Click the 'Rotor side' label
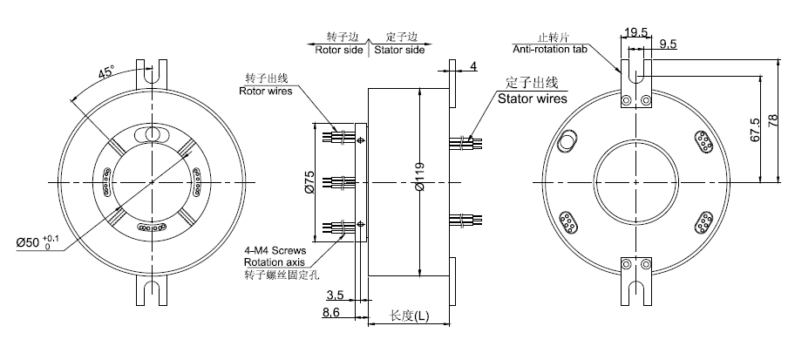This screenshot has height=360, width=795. (338, 50)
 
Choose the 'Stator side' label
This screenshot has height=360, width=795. (399, 50)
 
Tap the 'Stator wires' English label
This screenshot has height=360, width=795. (532, 98)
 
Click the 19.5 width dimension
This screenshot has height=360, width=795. (636, 31)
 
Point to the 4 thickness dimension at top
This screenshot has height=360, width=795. (473, 66)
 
